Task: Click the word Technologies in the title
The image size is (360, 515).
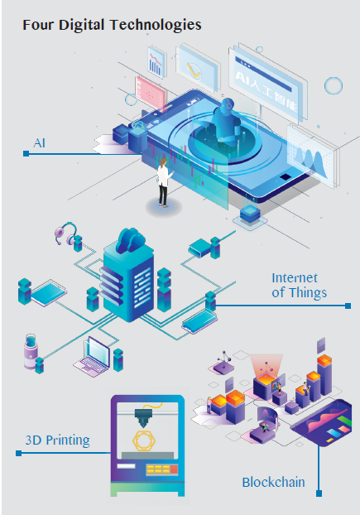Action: pos(156,26)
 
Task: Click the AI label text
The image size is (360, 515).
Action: pos(40,143)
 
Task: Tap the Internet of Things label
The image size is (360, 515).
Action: pos(299,286)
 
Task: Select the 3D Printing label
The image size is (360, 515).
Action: pos(57,440)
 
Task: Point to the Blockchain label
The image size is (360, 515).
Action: pos(273,482)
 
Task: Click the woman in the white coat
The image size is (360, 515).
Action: pos(164,183)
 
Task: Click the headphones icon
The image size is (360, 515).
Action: pos(66,233)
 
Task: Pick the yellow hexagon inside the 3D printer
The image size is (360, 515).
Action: pos(144,440)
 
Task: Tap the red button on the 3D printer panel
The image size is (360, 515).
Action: pos(174,469)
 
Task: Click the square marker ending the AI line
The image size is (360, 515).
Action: pos(26,154)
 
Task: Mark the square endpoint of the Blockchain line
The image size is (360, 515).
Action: pos(319,493)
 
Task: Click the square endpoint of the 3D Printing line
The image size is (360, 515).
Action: pos(19,453)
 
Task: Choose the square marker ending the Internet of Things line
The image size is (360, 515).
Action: pos(348,306)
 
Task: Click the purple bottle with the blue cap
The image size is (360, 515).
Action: pos(30,351)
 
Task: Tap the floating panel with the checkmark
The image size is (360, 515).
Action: pos(196,67)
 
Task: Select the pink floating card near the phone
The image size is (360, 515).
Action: pos(150,94)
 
